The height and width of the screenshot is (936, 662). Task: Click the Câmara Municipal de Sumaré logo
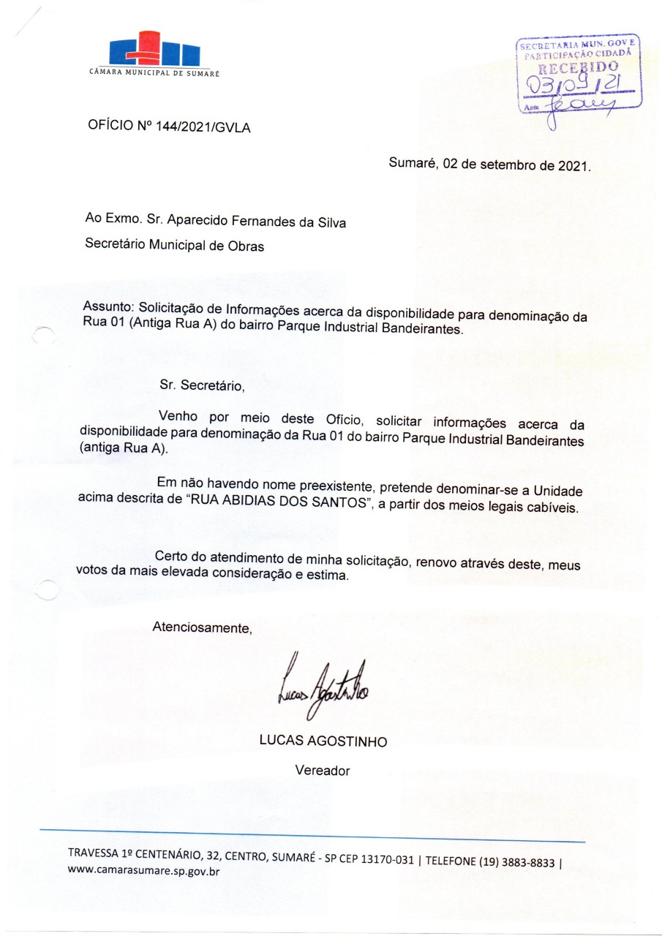coord(154,52)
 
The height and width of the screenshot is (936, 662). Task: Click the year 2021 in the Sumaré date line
coord(573,165)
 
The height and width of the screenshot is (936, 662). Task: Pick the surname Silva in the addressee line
coord(331,222)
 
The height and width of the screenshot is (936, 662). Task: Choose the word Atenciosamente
coord(202,627)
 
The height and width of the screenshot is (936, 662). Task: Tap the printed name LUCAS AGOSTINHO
coord(323,741)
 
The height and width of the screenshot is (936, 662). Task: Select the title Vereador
coord(323,770)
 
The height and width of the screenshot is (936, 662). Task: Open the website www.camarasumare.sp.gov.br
coord(144,872)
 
